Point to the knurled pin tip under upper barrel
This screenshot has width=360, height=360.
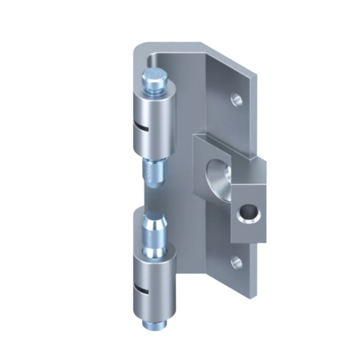154,173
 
